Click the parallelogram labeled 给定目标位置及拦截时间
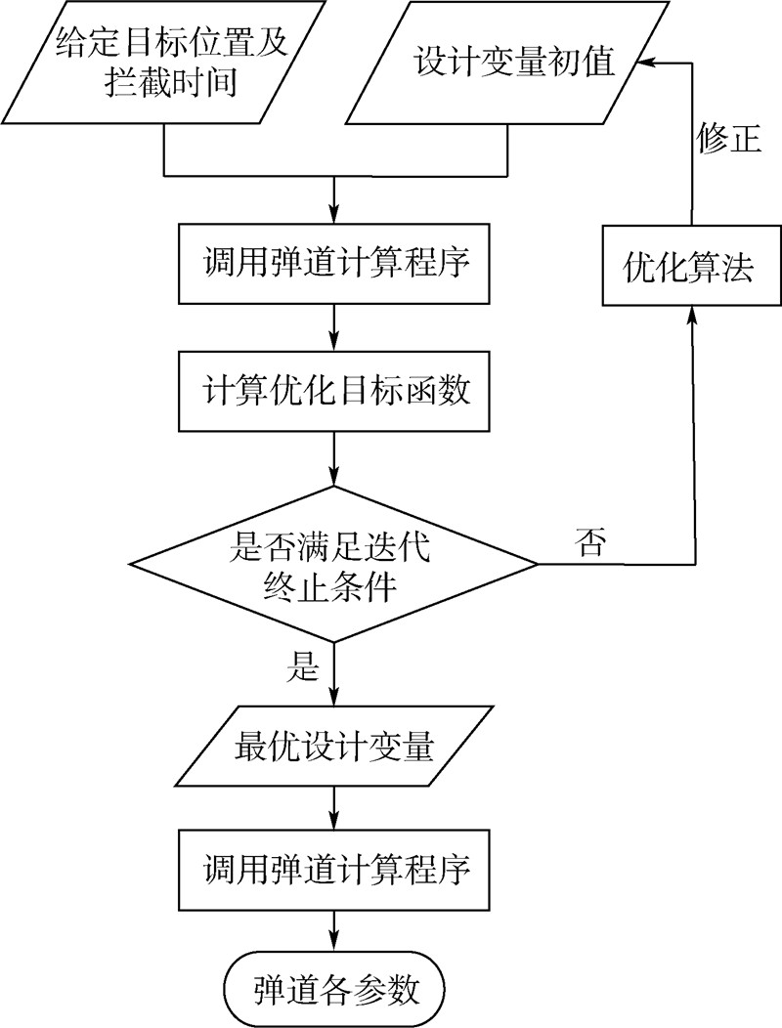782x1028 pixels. coord(164,63)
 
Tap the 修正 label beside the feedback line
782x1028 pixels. coord(729,139)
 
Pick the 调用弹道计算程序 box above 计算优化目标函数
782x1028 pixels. coord(334,264)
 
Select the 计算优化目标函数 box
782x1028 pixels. coord(334,392)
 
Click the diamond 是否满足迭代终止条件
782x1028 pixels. coord(334,564)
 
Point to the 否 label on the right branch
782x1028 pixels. coord(589,541)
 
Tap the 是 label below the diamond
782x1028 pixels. coord(302,666)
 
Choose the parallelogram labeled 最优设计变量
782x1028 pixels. coord(334,746)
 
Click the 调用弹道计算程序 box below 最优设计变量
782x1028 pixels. coord(334,870)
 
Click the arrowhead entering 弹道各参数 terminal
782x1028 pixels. coord(334,945)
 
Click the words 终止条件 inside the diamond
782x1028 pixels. coord(330,585)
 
